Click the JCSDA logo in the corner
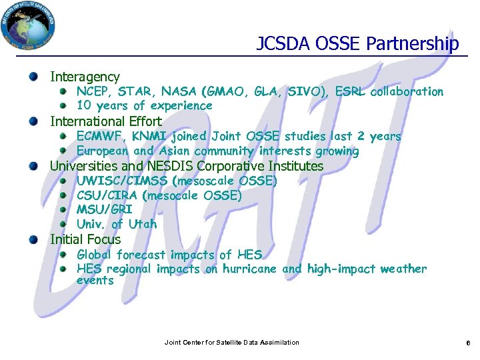(x=29, y=27)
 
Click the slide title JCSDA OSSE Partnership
(x=357, y=44)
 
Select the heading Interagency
(x=85, y=77)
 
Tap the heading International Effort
(x=106, y=121)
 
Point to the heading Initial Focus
(x=85, y=239)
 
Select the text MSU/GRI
(x=104, y=210)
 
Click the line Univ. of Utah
(x=117, y=224)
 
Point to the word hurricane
(x=249, y=269)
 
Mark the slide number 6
(x=468, y=343)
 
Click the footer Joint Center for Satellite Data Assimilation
(x=231, y=343)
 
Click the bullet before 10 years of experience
(x=63, y=105)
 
